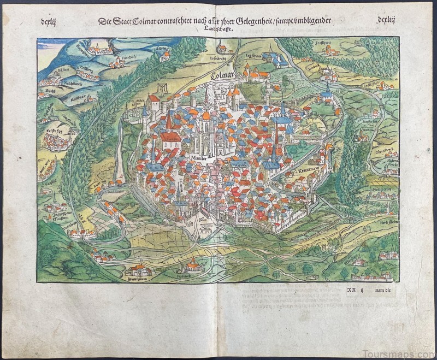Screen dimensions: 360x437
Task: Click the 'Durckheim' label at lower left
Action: click(52, 230)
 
